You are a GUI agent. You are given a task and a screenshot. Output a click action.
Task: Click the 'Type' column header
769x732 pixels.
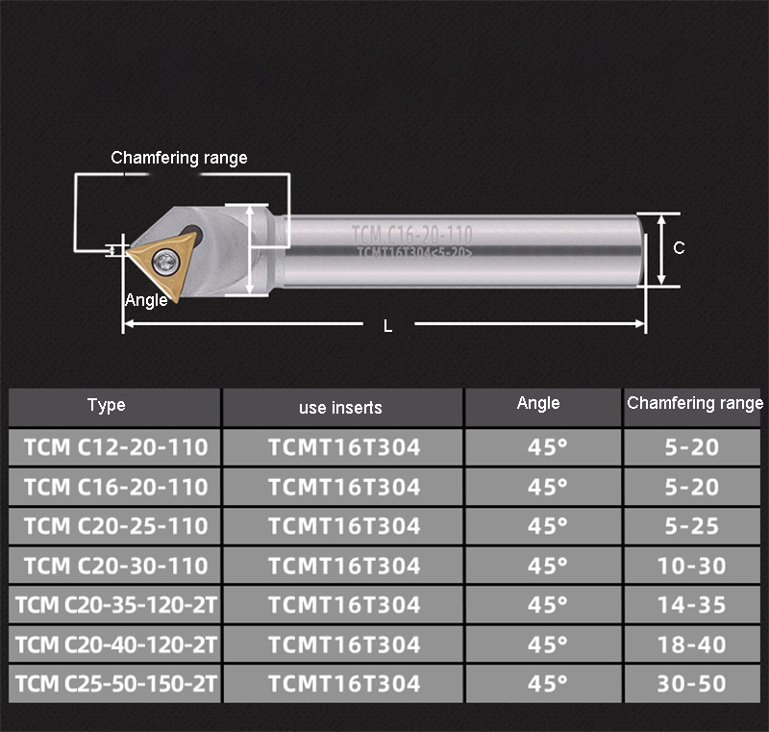[x=107, y=405]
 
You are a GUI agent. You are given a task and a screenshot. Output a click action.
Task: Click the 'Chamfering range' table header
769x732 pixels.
[x=694, y=404]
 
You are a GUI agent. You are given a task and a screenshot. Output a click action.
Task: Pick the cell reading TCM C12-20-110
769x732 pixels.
[x=115, y=447]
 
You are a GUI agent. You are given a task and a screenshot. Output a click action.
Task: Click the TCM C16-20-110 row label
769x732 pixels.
[x=115, y=487]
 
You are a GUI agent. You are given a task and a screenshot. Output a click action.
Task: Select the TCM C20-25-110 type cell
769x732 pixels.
[x=115, y=526]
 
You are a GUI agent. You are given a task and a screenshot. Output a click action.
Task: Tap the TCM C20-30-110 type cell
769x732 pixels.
[x=115, y=566]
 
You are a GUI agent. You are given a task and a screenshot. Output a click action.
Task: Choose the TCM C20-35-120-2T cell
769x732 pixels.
[x=115, y=605]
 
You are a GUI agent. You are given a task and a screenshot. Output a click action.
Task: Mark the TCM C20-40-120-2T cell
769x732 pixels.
[x=115, y=644]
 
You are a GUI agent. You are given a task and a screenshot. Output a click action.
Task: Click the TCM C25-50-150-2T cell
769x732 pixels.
[x=115, y=684]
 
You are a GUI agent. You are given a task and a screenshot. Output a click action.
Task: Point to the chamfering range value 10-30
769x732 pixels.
[x=692, y=566]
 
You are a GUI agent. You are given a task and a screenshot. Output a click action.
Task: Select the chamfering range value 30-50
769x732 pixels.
[x=692, y=684]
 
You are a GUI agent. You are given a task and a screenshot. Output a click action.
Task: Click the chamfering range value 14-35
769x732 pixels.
[x=692, y=605]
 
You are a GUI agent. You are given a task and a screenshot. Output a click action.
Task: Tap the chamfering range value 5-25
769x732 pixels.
[x=692, y=526]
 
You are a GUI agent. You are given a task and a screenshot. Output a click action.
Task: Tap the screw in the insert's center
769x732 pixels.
[x=169, y=257]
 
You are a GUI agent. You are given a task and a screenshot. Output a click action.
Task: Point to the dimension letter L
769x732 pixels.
[x=388, y=326]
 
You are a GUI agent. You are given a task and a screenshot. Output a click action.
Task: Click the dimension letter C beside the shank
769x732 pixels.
[x=679, y=248]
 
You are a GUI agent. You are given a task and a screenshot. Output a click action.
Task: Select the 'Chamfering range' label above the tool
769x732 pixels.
[x=179, y=158]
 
